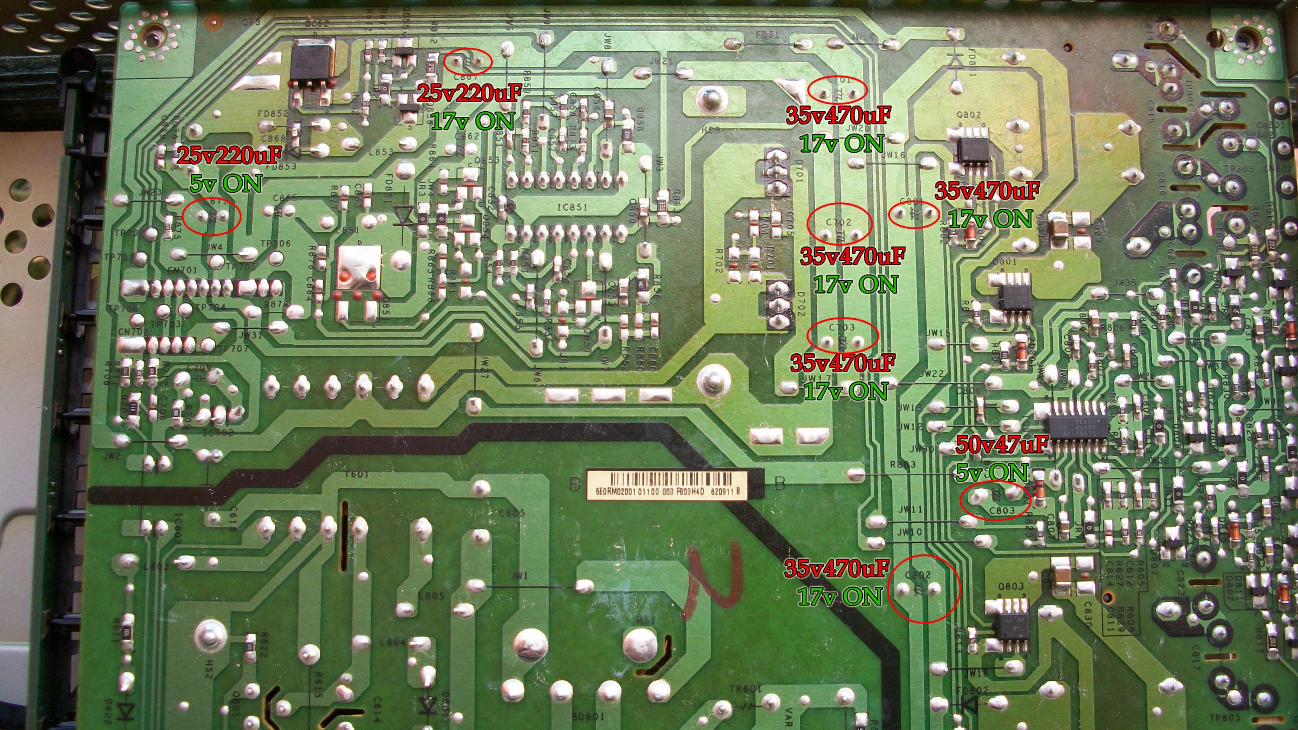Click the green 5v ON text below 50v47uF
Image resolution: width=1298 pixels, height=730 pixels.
[x=991, y=472]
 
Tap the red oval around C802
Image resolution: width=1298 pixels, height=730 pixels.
[x=923, y=595]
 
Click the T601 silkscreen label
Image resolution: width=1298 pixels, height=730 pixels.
[x=357, y=474]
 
